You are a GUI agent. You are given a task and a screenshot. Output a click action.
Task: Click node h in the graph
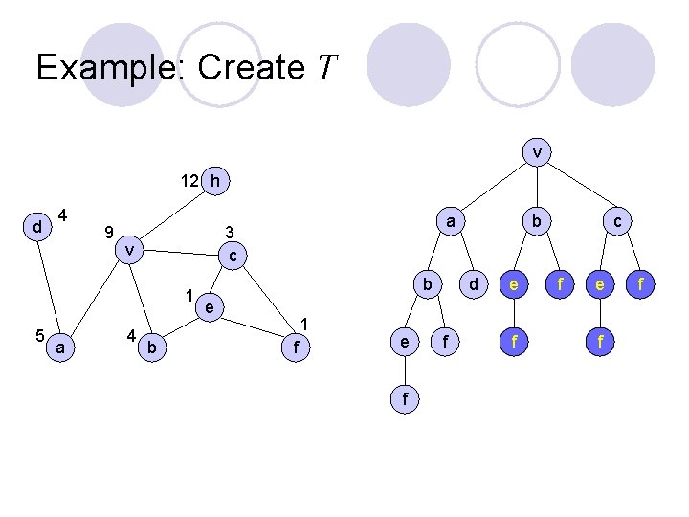tap(216, 180)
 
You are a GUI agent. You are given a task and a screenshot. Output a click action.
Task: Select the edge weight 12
tap(189, 180)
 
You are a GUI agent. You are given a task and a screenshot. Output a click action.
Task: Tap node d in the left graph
tap(37, 227)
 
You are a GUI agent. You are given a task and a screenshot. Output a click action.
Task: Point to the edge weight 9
tap(110, 231)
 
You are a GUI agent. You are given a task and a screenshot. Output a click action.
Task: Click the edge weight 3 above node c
tap(229, 232)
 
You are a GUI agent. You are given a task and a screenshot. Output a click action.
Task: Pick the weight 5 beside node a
tap(38, 335)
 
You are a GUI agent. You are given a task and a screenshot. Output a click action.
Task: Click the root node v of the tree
tap(538, 151)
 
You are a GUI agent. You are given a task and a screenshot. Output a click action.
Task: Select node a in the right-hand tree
tap(449, 220)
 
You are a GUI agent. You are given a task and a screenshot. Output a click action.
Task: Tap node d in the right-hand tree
tap(471, 284)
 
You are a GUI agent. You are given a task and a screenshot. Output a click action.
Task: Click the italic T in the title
tap(327, 68)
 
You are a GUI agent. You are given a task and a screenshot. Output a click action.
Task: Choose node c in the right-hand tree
tap(617, 220)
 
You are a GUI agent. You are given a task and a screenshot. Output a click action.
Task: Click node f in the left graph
tap(298, 348)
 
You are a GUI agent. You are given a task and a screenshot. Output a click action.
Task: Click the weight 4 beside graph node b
tap(129, 335)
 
